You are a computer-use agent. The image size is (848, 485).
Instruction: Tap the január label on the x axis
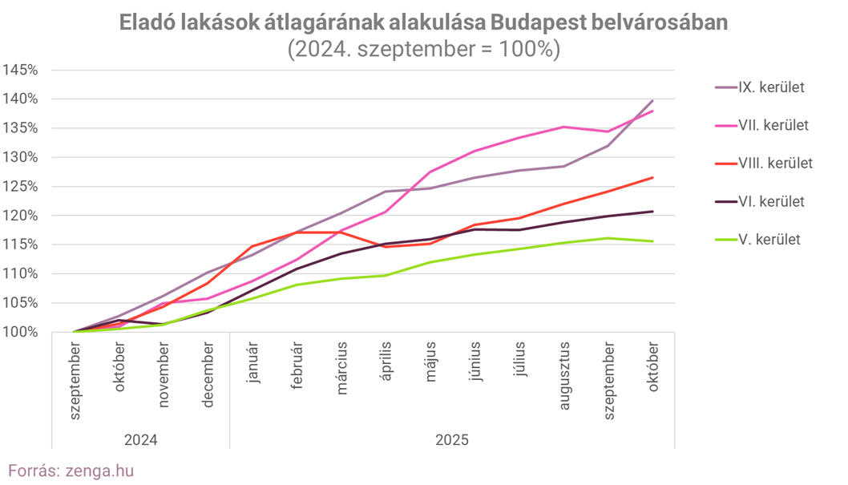252,364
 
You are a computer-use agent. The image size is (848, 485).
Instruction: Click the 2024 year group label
140,440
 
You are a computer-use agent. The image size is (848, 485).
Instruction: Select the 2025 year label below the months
452,440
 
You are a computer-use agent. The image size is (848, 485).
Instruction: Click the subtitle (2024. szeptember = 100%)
423,49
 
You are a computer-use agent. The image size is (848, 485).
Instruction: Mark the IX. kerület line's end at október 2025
653,101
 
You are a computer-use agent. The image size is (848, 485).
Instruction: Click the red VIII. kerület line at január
252,246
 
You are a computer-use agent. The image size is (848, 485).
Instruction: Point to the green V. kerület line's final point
653,241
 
